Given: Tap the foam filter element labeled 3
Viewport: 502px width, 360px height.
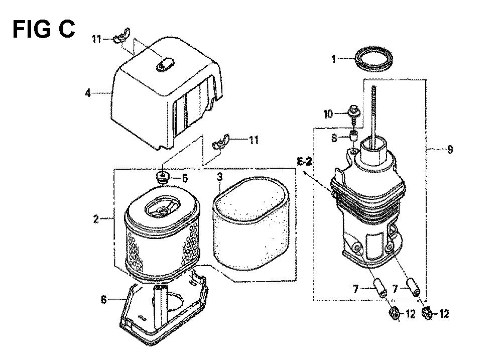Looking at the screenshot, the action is (x=250, y=223).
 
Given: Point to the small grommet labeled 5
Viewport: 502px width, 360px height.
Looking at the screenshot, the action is (x=163, y=177).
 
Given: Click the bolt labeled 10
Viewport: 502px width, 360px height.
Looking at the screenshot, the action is (x=353, y=114).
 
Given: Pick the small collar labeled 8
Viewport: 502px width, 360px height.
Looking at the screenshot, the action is (x=353, y=136).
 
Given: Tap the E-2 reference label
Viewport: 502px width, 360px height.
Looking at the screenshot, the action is (x=305, y=162).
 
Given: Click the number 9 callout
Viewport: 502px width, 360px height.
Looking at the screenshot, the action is (x=450, y=149).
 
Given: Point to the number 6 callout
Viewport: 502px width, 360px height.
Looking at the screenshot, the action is (x=103, y=300).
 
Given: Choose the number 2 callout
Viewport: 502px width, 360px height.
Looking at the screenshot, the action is (x=96, y=219).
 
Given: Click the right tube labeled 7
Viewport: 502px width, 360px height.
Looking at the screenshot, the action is (x=413, y=287).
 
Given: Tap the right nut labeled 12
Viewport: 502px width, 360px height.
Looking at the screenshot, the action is (x=427, y=313).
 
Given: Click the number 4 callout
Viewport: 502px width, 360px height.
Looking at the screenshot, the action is (x=88, y=93).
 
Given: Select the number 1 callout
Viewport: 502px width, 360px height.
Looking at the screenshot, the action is (x=333, y=59).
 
